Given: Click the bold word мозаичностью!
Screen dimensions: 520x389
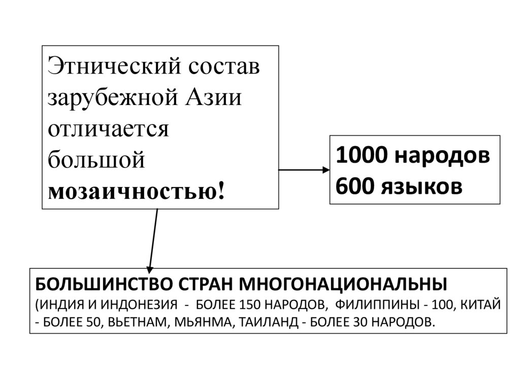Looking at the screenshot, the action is click(x=135, y=191).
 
